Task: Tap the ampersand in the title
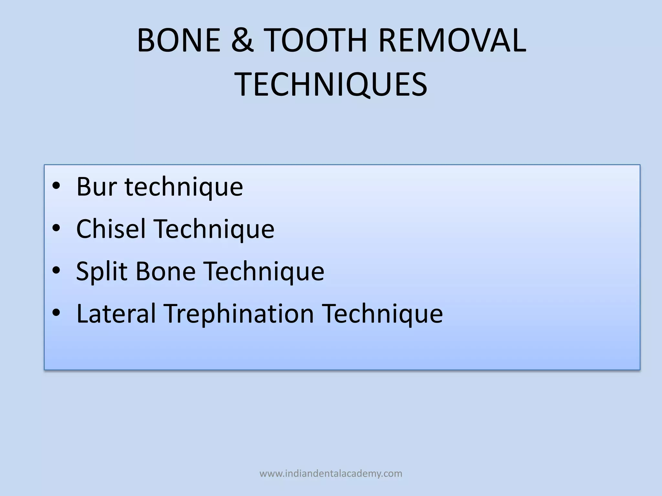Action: pos(242,41)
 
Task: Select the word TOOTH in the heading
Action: pos(316,41)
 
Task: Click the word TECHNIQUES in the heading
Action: pos(331,85)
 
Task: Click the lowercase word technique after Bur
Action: pos(184,187)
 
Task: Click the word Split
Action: pos(101,271)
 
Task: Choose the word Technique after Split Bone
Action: pos(264,272)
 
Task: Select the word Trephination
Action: pos(239,314)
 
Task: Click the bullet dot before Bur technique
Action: pos(56,186)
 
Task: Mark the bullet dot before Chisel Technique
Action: pos(56,228)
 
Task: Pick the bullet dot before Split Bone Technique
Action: pos(56,271)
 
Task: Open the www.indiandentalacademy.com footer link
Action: pos(331,474)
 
